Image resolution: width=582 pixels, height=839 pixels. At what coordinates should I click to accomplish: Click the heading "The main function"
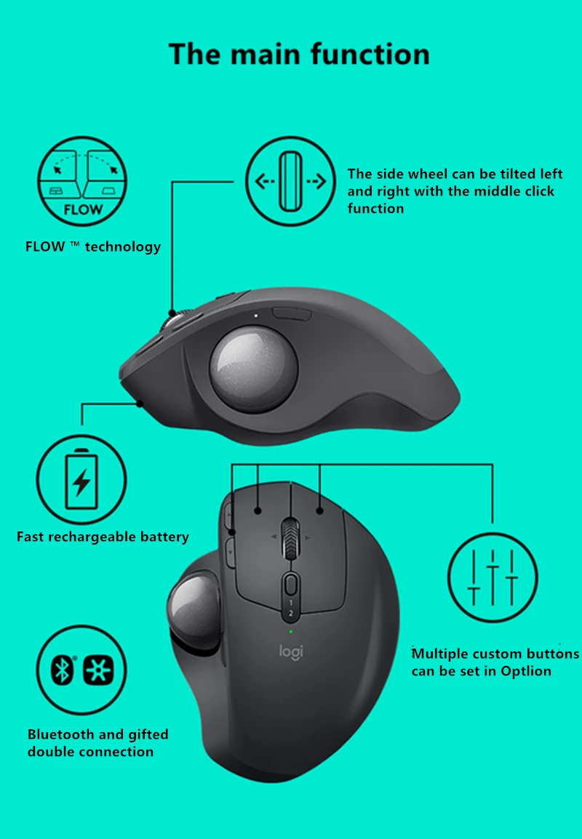tap(299, 54)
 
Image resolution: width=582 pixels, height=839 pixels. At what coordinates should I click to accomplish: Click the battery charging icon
tap(81, 479)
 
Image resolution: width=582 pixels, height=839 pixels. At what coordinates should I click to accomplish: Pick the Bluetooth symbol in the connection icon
tap(62, 670)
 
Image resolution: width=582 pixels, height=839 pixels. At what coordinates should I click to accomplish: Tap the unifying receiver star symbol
tap(98, 670)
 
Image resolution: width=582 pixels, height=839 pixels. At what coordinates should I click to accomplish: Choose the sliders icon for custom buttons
tap(493, 577)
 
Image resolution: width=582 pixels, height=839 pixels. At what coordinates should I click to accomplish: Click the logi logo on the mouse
tap(291, 652)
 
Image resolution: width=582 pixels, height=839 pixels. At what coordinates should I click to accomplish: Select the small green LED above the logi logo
tap(291, 631)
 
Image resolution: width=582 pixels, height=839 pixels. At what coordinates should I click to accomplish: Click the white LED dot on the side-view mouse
tap(256, 316)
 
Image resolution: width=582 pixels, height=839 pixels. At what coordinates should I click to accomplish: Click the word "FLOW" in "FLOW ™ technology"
tap(44, 246)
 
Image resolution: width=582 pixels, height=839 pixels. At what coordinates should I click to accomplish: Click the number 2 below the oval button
tap(291, 612)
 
